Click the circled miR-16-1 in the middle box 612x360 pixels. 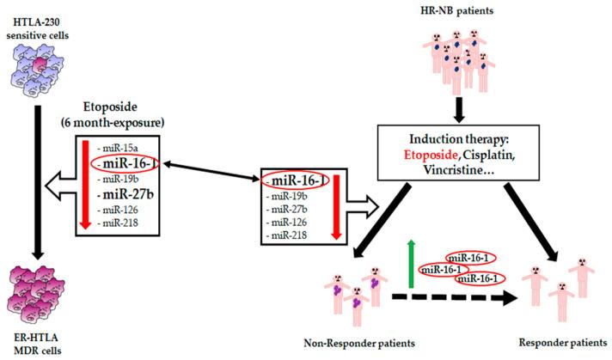point(295,181)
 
